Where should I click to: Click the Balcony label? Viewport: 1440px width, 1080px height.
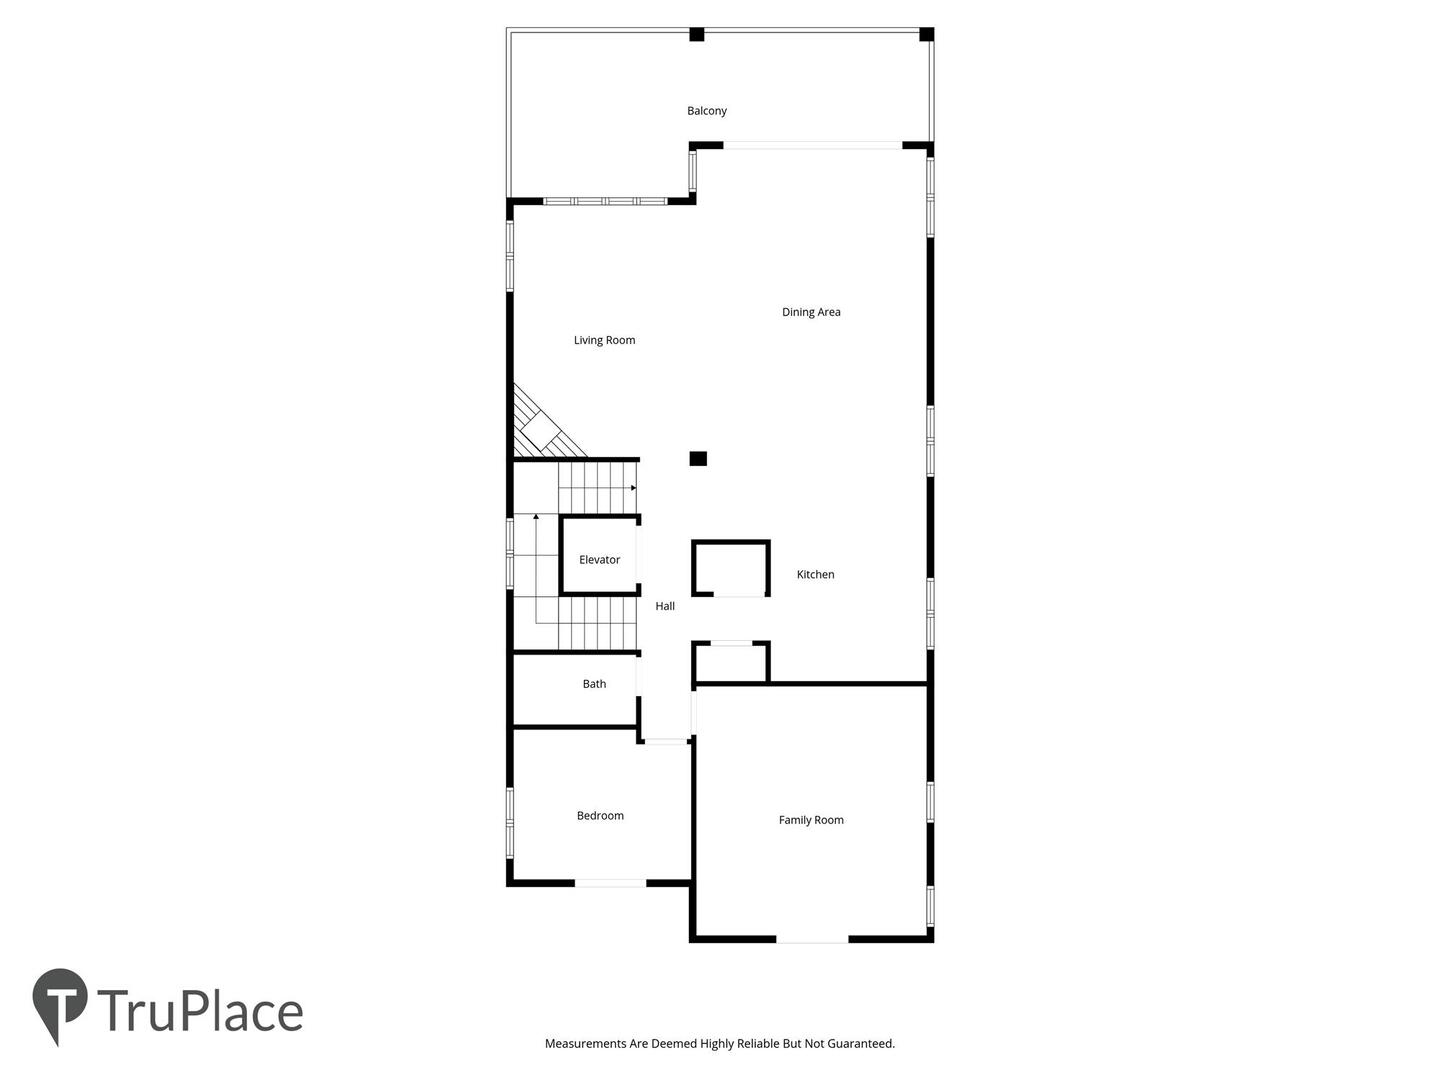(707, 111)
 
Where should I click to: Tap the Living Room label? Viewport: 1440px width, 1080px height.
(604, 340)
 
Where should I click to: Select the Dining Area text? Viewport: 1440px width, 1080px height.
(811, 311)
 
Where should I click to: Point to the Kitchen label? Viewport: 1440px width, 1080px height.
(815, 574)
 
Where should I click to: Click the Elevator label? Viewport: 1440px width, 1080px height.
(599, 559)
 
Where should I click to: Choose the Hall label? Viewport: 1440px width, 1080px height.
(665, 606)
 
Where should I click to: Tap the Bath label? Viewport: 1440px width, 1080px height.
(594, 683)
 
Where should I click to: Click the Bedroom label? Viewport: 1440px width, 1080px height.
(600, 815)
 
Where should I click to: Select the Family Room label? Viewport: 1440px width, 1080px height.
(811, 820)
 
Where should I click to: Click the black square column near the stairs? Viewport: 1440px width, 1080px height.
(698, 458)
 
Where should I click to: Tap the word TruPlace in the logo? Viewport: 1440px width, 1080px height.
(200, 1011)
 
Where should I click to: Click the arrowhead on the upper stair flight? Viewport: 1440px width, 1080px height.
(633, 488)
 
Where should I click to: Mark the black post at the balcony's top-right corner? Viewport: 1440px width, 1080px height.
(926, 34)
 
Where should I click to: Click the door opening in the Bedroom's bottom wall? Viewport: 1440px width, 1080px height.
(610, 883)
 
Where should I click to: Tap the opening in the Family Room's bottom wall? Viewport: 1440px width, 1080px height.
(812, 939)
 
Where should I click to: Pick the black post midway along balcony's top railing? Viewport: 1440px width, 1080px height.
(697, 34)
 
